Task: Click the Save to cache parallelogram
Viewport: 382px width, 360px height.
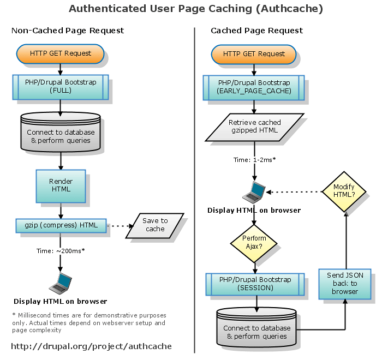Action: [x=155, y=225]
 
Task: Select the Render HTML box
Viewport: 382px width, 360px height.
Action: [x=61, y=185]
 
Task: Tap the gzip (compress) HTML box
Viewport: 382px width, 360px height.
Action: [x=61, y=225]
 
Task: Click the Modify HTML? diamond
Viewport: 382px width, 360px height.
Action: [x=344, y=191]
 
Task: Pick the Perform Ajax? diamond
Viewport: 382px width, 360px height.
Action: [x=254, y=242]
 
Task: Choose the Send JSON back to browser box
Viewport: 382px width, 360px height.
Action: [x=345, y=284]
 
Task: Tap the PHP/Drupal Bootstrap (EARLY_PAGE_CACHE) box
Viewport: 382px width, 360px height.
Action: [x=254, y=86]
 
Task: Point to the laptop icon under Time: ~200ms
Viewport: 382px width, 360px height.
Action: [x=61, y=283]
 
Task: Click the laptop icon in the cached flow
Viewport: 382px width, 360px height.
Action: [x=254, y=192]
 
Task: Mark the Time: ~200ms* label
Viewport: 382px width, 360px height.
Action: [x=61, y=250]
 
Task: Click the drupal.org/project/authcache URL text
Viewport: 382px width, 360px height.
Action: [x=91, y=346]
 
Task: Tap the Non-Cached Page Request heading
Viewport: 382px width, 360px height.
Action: [x=68, y=31]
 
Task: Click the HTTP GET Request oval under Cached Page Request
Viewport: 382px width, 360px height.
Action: [x=254, y=54]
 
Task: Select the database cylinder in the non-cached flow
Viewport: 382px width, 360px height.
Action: [x=61, y=132]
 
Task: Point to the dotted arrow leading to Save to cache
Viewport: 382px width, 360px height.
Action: [x=119, y=225]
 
